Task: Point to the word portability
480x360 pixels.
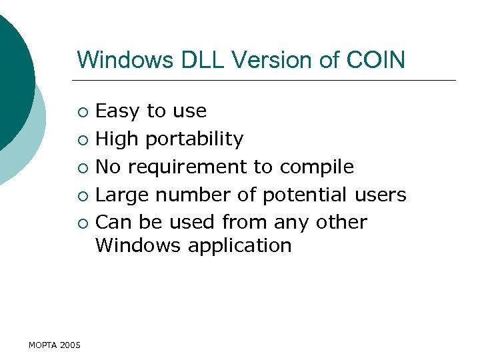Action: [x=194, y=139]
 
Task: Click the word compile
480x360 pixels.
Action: [x=317, y=167]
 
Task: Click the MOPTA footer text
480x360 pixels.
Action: [x=43, y=345]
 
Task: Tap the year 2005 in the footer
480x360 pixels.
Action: [x=70, y=345]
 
